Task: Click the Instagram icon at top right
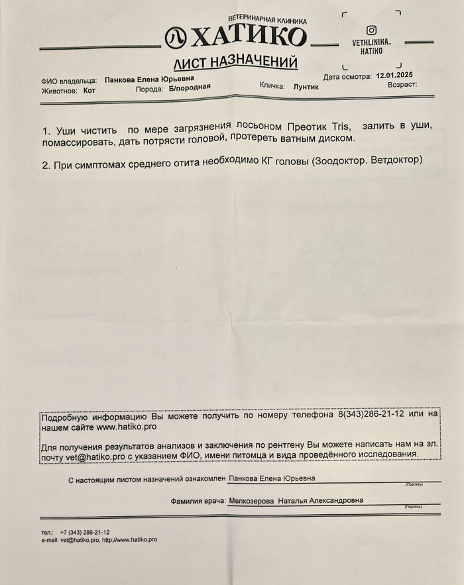[x=371, y=30]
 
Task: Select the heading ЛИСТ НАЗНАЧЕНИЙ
[x=235, y=64]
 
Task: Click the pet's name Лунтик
[x=306, y=87]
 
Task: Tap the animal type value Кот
[x=89, y=91]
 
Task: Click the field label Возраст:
[x=402, y=85]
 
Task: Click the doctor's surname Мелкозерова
[x=251, y=502]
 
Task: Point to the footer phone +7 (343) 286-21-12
[x=84, y=532]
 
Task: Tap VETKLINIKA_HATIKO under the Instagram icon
[x=371, y=46]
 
